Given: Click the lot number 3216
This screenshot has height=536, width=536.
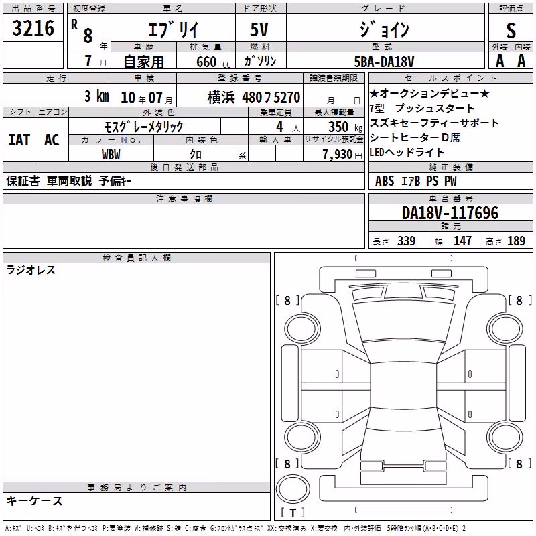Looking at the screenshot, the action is pyautogui.click(x=33, y=28).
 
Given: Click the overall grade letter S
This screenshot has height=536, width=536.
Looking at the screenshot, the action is pyautogui.click(x=511, y=30).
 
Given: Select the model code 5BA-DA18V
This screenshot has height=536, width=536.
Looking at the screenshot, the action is pyautogui.click(x=384, y=62).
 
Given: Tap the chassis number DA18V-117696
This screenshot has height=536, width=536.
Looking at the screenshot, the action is pyautogui.click(x=450, y=213).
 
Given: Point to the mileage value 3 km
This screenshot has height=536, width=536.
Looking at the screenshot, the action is pyautogui.click(x=96, y=96).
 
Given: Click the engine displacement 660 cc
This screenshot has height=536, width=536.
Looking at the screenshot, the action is pyautogui.click(x=213, y=62).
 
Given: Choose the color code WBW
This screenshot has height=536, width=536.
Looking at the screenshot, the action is pyautogui.click(x=111, y=155).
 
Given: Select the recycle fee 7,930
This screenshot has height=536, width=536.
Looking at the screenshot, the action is pyautogui.click(x=338, y=155).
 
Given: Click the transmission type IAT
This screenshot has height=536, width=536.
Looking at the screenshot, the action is pyautogui.click(x=19, y=140).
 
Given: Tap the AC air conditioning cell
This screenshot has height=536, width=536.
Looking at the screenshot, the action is pyautogui.click(x=52, y=140).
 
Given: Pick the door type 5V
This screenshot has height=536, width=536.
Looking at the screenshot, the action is pyautogui.click(x=259, y=29).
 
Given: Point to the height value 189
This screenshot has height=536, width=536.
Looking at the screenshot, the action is pyautogui.click(x=516, y=241).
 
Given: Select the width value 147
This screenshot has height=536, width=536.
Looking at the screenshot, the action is pyautogui.click(x=462, y=241).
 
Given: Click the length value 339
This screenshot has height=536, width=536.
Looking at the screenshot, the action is pyautogui.click(x=406, y=241).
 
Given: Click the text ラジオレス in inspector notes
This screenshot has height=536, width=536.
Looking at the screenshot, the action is pyautogui.click(x=31, y=270).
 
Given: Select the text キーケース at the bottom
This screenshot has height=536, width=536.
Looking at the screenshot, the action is pyautogui.click(x=35, y=501).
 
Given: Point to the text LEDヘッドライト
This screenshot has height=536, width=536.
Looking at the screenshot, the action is pyautogui.click(x=407, y=153).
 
